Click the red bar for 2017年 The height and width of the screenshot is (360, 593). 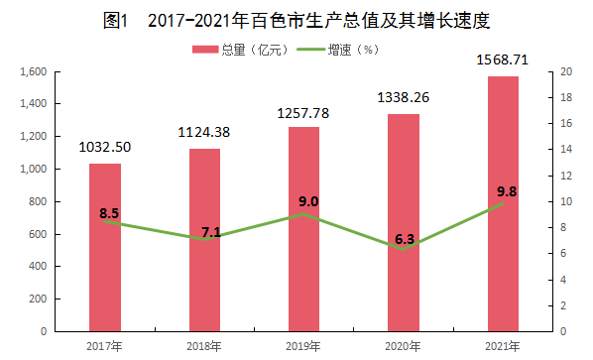click(x=105, y=248)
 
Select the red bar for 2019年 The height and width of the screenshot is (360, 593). click(x=303, y=229)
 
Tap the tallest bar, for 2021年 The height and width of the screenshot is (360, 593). click(x=503, y=204)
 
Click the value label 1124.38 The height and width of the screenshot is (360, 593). click(x=204, y=132)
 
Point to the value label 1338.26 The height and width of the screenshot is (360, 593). click(x=404, y=97)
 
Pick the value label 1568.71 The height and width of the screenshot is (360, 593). click(x=502, y=60)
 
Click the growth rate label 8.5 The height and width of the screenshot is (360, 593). click(x=109, y=213)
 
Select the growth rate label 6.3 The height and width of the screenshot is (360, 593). click(x=405, y=239)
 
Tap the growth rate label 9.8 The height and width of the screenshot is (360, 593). click(x=507, y=191)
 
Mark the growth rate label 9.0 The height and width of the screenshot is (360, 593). click(x=308, y=201)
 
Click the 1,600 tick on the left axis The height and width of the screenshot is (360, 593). click(x=34, y=71)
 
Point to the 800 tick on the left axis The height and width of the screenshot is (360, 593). click(x=38, y=201)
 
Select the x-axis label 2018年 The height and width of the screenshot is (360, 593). click(x=204, y=346)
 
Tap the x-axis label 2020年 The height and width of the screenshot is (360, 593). click(x=403, y=346)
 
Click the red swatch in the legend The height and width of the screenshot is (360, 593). click(x=205, y=50)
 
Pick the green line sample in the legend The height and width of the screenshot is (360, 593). click(x=310, y=50)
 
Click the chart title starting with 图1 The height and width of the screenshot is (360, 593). click(x=296, y=21)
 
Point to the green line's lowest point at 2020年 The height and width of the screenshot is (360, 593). click(x=404, y=249)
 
